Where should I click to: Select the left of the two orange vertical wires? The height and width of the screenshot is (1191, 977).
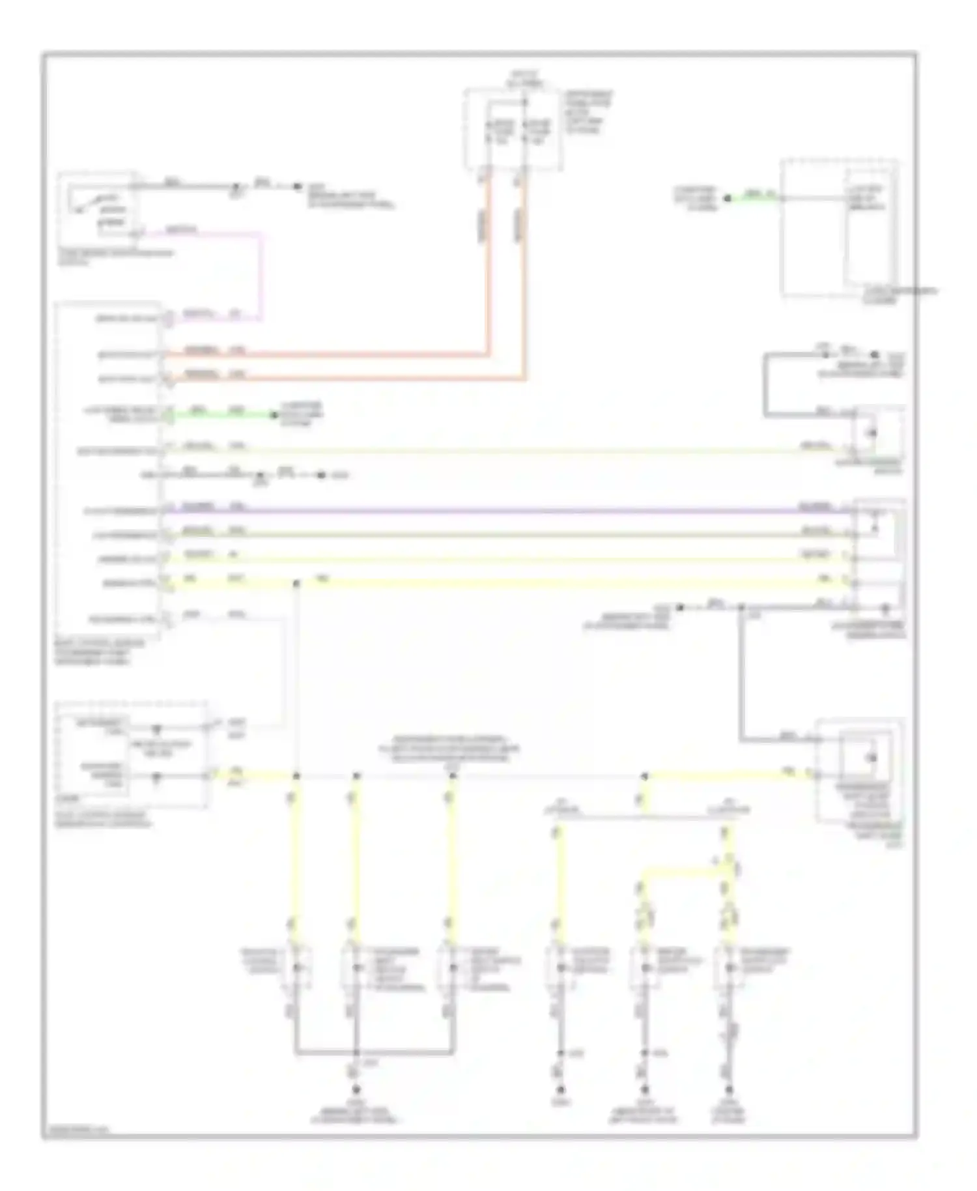[x=488, y=261]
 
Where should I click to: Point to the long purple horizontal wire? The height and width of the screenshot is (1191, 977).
[x=508, y=511]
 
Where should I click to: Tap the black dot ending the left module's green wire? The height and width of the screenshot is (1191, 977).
[x=274, y=414]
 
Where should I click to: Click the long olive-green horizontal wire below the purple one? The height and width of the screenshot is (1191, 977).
[x=508, y=534]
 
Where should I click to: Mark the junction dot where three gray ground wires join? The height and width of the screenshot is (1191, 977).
[x=356, y=1052]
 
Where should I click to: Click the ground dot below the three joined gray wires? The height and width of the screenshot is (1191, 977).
[x=356, y=1089]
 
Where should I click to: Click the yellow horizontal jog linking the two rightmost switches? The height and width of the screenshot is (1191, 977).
[x=684, y=871]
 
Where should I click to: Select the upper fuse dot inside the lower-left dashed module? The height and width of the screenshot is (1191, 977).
[x=156, y=729]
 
